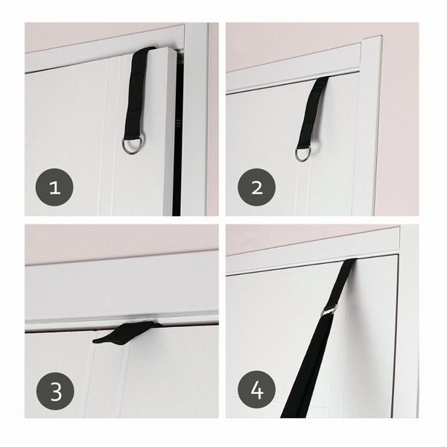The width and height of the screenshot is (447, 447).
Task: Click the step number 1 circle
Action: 54,187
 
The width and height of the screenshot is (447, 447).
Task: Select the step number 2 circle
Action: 256,187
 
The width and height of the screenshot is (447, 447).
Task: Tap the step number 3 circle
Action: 55,391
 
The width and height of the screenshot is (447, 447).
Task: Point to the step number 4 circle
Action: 256,390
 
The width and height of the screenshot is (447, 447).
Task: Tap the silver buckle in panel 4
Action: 329,310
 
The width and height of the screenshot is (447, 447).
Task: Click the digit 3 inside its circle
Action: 56,391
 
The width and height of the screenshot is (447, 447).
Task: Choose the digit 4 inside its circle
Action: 256,390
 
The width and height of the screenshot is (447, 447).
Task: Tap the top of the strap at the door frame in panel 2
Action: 322,78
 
